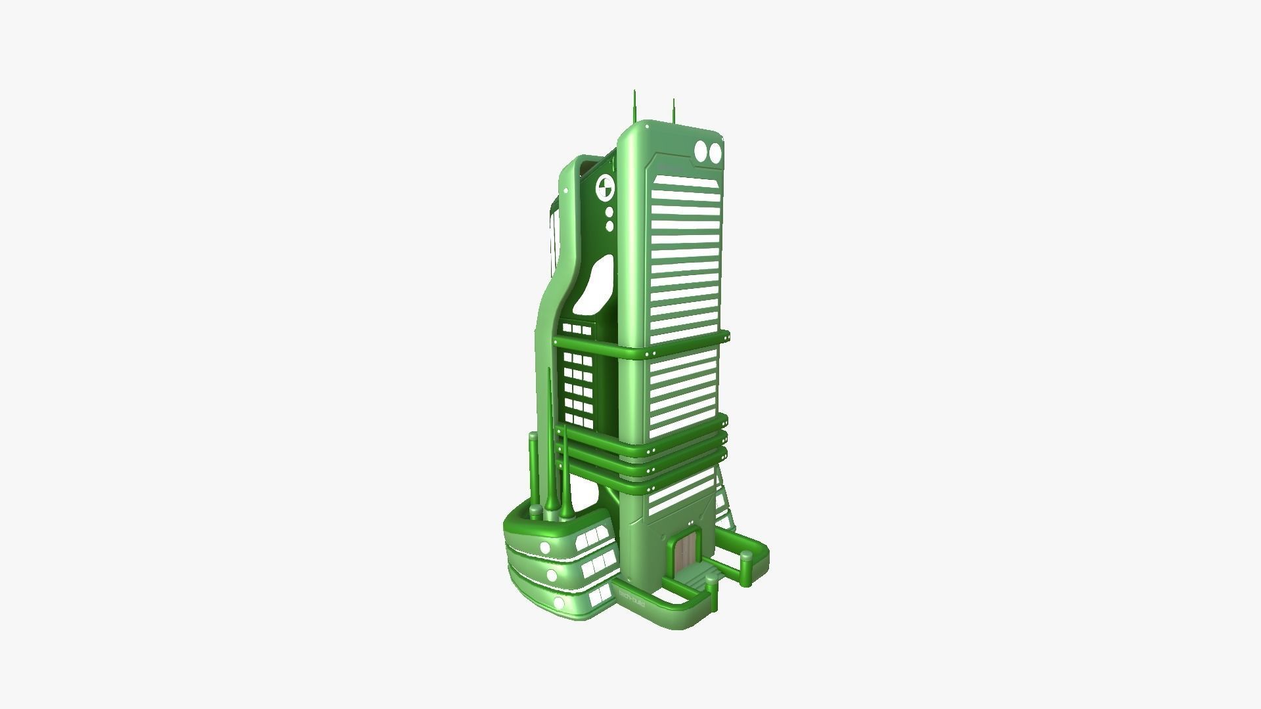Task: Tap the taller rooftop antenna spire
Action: [634, 108]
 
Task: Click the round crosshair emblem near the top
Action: [606, 188]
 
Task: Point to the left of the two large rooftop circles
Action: [701, 152]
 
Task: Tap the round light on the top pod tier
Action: [544, 548]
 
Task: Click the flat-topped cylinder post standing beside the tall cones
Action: [533, 473]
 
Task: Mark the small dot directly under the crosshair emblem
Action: [609, 213]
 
